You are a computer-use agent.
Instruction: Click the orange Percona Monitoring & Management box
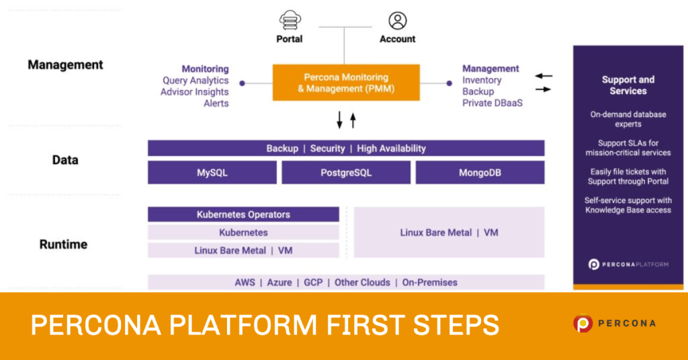[346, 83]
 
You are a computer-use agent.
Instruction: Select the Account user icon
[398, 20]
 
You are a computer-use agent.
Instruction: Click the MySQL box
[212, 173]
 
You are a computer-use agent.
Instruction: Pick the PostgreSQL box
[346, 173]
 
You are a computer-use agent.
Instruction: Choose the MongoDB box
[480, 173]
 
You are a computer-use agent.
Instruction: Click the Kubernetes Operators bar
[243, 214]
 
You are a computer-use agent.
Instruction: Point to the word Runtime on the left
[63, 244]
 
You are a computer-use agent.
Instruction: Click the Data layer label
[65, 160]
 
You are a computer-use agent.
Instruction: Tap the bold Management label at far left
[65, 65]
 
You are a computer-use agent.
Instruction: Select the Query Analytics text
[196, 81]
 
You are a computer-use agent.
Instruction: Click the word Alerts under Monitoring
[216, 103]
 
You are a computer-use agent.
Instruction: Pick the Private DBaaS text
[492, 103]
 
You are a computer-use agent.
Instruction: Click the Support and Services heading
[628, 85]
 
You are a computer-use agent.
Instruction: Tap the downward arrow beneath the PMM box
[339, 120]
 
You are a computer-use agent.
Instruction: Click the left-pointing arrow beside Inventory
[544, 76]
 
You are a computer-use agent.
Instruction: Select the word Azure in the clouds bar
[279, 282]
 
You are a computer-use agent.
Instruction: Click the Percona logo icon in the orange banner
[583, 324]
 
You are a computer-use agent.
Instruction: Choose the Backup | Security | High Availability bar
[346, 148]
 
